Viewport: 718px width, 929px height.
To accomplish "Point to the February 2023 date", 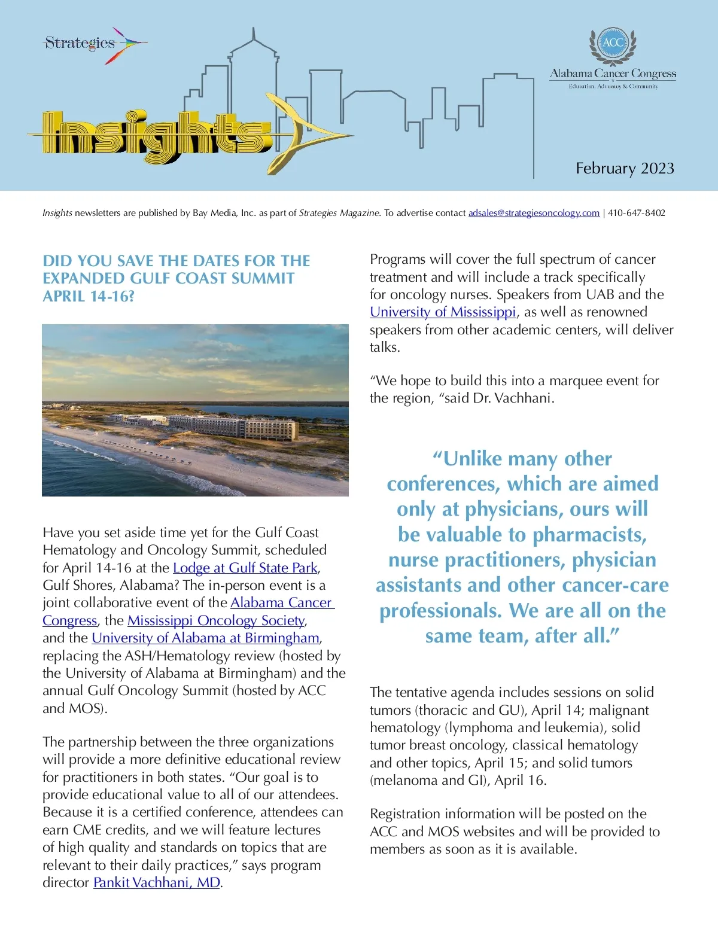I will click(x=625, y=169).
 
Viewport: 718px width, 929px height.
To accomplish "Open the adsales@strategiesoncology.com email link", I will click(x=534, y=213).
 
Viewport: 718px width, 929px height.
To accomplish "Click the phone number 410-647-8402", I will click(x=637, y=213).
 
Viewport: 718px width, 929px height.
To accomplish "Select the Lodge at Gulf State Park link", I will click(x=245, y=568).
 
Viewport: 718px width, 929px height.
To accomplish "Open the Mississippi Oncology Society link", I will click(x=216, y=620).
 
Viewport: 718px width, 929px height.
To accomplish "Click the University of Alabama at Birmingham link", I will click(x=205, y=638).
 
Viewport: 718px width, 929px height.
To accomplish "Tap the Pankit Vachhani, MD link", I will click(x=157, y=882).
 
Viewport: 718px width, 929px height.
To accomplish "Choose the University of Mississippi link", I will click(x=443, y=312).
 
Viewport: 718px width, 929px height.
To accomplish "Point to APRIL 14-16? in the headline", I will click(x=89, y=296).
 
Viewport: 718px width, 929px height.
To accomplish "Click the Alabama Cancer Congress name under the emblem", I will click(x=613, y=74).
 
